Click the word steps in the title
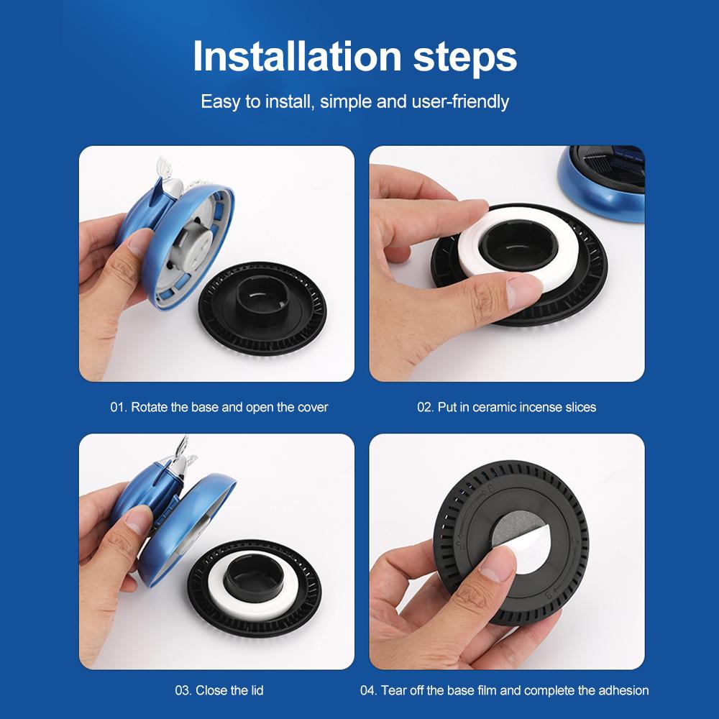pyautogui.click(x=465, y=59)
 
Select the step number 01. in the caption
pyautogui.click(x=119, y=407)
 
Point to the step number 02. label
pyautogui.click(x=426, y=407)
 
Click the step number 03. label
pyautogui.click(x=183, y=690)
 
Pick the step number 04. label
pyautogui.click(x=369, y=690)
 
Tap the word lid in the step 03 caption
pyautogui.click(x=257, y=690)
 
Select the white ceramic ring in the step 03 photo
pyautogui.click(x=220, y=592)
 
